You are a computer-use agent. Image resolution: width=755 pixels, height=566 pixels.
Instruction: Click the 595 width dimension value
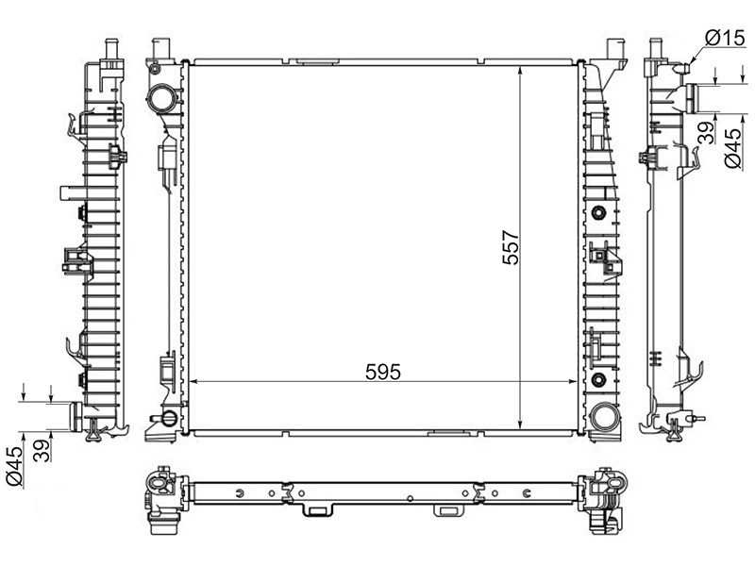(383, 372)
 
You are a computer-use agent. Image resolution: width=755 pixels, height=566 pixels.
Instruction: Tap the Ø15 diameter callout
(726, 38)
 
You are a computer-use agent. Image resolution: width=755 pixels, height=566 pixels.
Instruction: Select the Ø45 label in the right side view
(731, 149)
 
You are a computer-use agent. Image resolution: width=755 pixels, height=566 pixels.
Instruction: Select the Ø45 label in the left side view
(13, 466)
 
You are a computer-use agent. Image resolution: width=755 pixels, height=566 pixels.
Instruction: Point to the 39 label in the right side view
(704, 133)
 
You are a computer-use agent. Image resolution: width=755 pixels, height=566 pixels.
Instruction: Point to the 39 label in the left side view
(41, 449)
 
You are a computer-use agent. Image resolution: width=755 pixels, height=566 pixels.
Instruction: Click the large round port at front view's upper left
(161, 98)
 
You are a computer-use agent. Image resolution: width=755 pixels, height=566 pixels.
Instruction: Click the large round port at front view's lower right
(604, 414)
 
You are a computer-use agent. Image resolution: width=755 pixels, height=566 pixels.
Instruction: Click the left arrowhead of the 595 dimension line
(195, 381)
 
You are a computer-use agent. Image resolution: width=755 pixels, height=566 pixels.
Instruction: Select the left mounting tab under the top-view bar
(314, 510)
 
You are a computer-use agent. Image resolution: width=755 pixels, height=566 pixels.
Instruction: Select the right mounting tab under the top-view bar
(446, 510)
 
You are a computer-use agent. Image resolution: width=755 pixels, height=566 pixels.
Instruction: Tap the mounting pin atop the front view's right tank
(618, 48)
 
